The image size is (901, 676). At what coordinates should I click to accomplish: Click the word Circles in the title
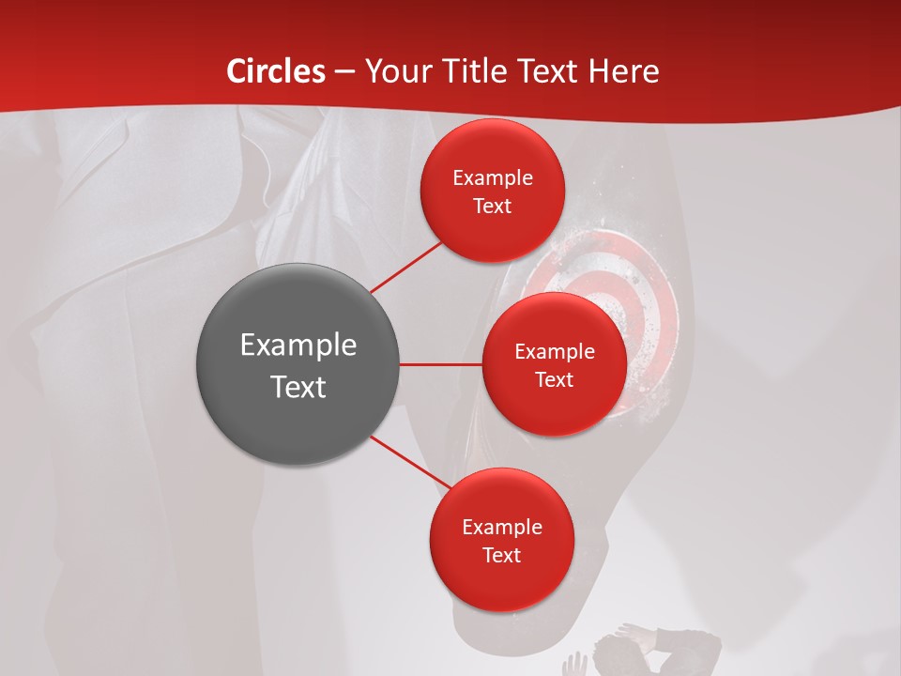pos(276,71)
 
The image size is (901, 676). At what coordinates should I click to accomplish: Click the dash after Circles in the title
pos(345,72)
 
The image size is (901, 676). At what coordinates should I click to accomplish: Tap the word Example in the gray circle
pos(298,346)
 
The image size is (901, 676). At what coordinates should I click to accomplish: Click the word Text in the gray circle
pos(298,387)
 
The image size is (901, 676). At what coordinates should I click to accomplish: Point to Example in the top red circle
pos(493,178)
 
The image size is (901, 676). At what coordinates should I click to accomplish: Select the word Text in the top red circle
pos(493,207)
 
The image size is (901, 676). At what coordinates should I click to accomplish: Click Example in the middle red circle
pos(555,352)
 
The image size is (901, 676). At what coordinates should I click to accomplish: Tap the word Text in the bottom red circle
pos(501,555)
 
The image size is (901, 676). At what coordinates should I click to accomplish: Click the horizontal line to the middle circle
pos(440,363)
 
